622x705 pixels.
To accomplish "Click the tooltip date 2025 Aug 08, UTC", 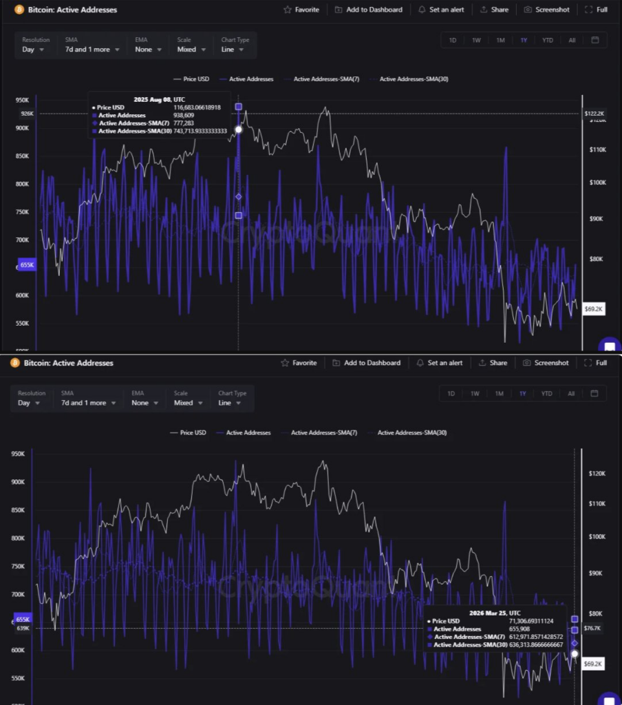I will pos(158,99).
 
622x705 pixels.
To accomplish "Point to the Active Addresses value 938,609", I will pos(183,116).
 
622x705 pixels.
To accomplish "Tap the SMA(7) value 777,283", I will pos(183,123).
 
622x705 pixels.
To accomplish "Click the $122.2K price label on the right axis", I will pos(594,114).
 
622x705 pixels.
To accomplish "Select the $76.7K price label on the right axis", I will pos(592,629).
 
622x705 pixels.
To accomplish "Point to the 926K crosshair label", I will pos(27,114).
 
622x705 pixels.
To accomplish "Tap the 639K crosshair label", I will pos(23,628).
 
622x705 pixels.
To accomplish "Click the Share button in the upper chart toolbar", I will pos(495,10).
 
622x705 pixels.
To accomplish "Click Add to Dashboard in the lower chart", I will pos(366,363).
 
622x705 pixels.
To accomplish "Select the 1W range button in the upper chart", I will pos(476,40).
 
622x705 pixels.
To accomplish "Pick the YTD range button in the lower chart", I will pos(546,394).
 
